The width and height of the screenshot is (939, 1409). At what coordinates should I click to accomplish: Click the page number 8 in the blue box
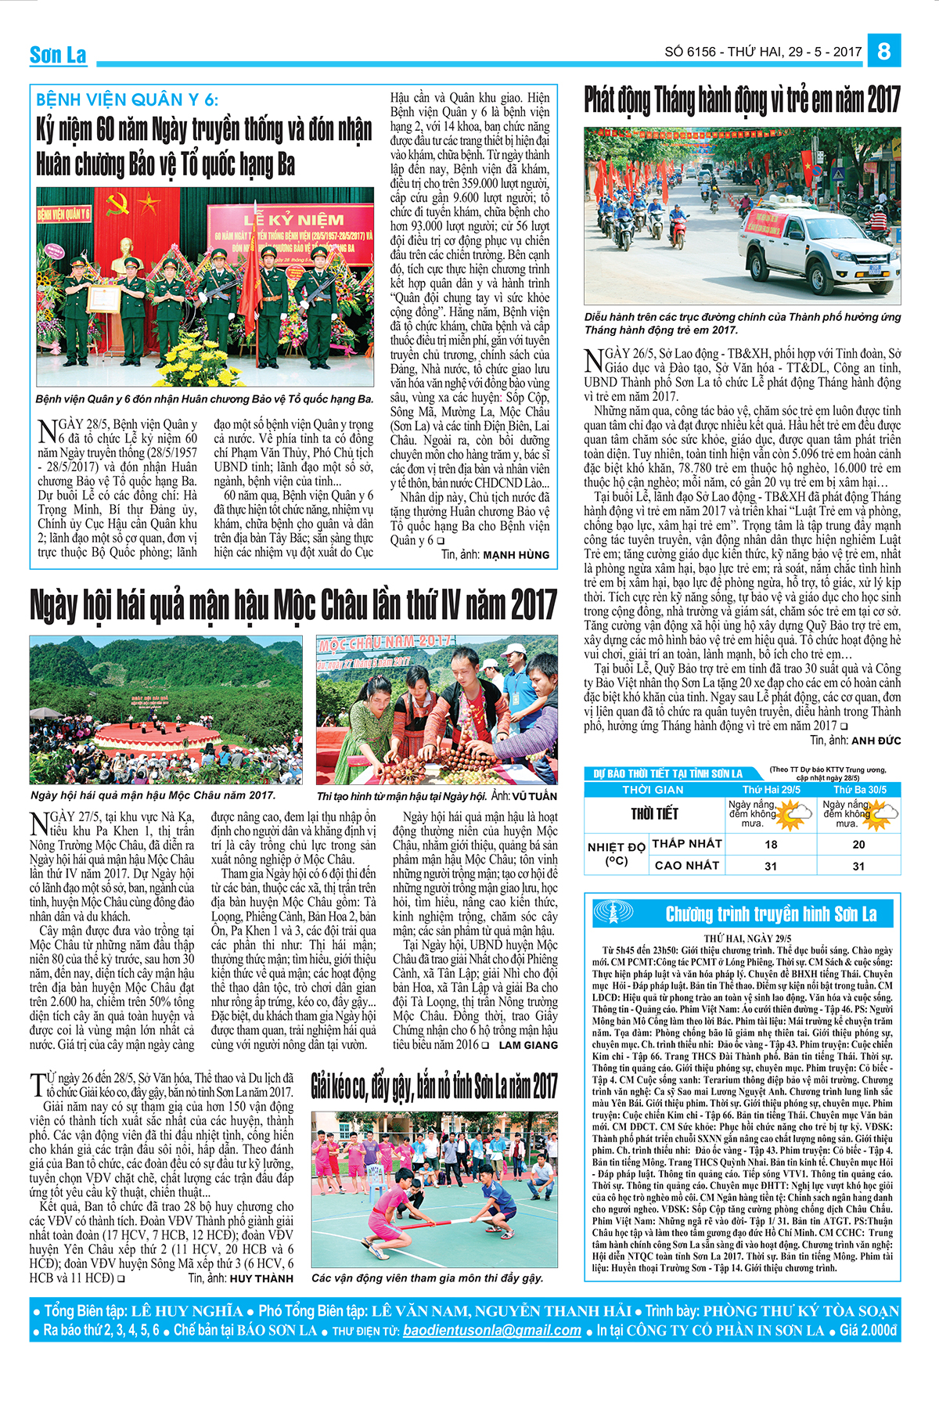[884, 51]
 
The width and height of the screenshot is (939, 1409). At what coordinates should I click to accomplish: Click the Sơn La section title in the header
[58, 55]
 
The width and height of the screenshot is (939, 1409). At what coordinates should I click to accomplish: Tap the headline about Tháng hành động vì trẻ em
[742, 100]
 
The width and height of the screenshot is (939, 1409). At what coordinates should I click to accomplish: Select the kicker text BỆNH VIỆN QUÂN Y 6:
[128, 99]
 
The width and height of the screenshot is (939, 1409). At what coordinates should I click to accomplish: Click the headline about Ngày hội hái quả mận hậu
[293, 606]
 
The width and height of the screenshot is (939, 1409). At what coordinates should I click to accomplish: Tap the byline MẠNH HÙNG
[516, 555]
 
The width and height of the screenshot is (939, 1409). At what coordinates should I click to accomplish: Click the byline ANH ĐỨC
[876, 741]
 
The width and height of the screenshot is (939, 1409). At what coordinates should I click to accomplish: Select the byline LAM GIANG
[528, 1045]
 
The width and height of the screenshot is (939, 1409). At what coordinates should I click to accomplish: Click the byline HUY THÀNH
[261, 1278]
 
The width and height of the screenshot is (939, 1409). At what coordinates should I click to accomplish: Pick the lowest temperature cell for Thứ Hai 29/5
[771, 844]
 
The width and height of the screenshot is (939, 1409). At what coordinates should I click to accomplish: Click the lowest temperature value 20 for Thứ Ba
[858, 844]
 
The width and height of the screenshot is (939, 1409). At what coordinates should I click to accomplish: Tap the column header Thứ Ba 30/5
[858, 790]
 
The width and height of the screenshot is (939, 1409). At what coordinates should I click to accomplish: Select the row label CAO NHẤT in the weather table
[686, 865]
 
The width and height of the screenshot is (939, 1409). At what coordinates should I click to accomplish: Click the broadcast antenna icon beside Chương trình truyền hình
[616, 913]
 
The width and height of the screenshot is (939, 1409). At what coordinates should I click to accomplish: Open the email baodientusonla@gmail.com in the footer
[492, 1330]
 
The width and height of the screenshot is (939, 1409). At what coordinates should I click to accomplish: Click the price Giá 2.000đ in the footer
[868, 1330]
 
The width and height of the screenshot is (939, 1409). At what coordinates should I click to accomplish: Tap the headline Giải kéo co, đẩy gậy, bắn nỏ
[434, 1087]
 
